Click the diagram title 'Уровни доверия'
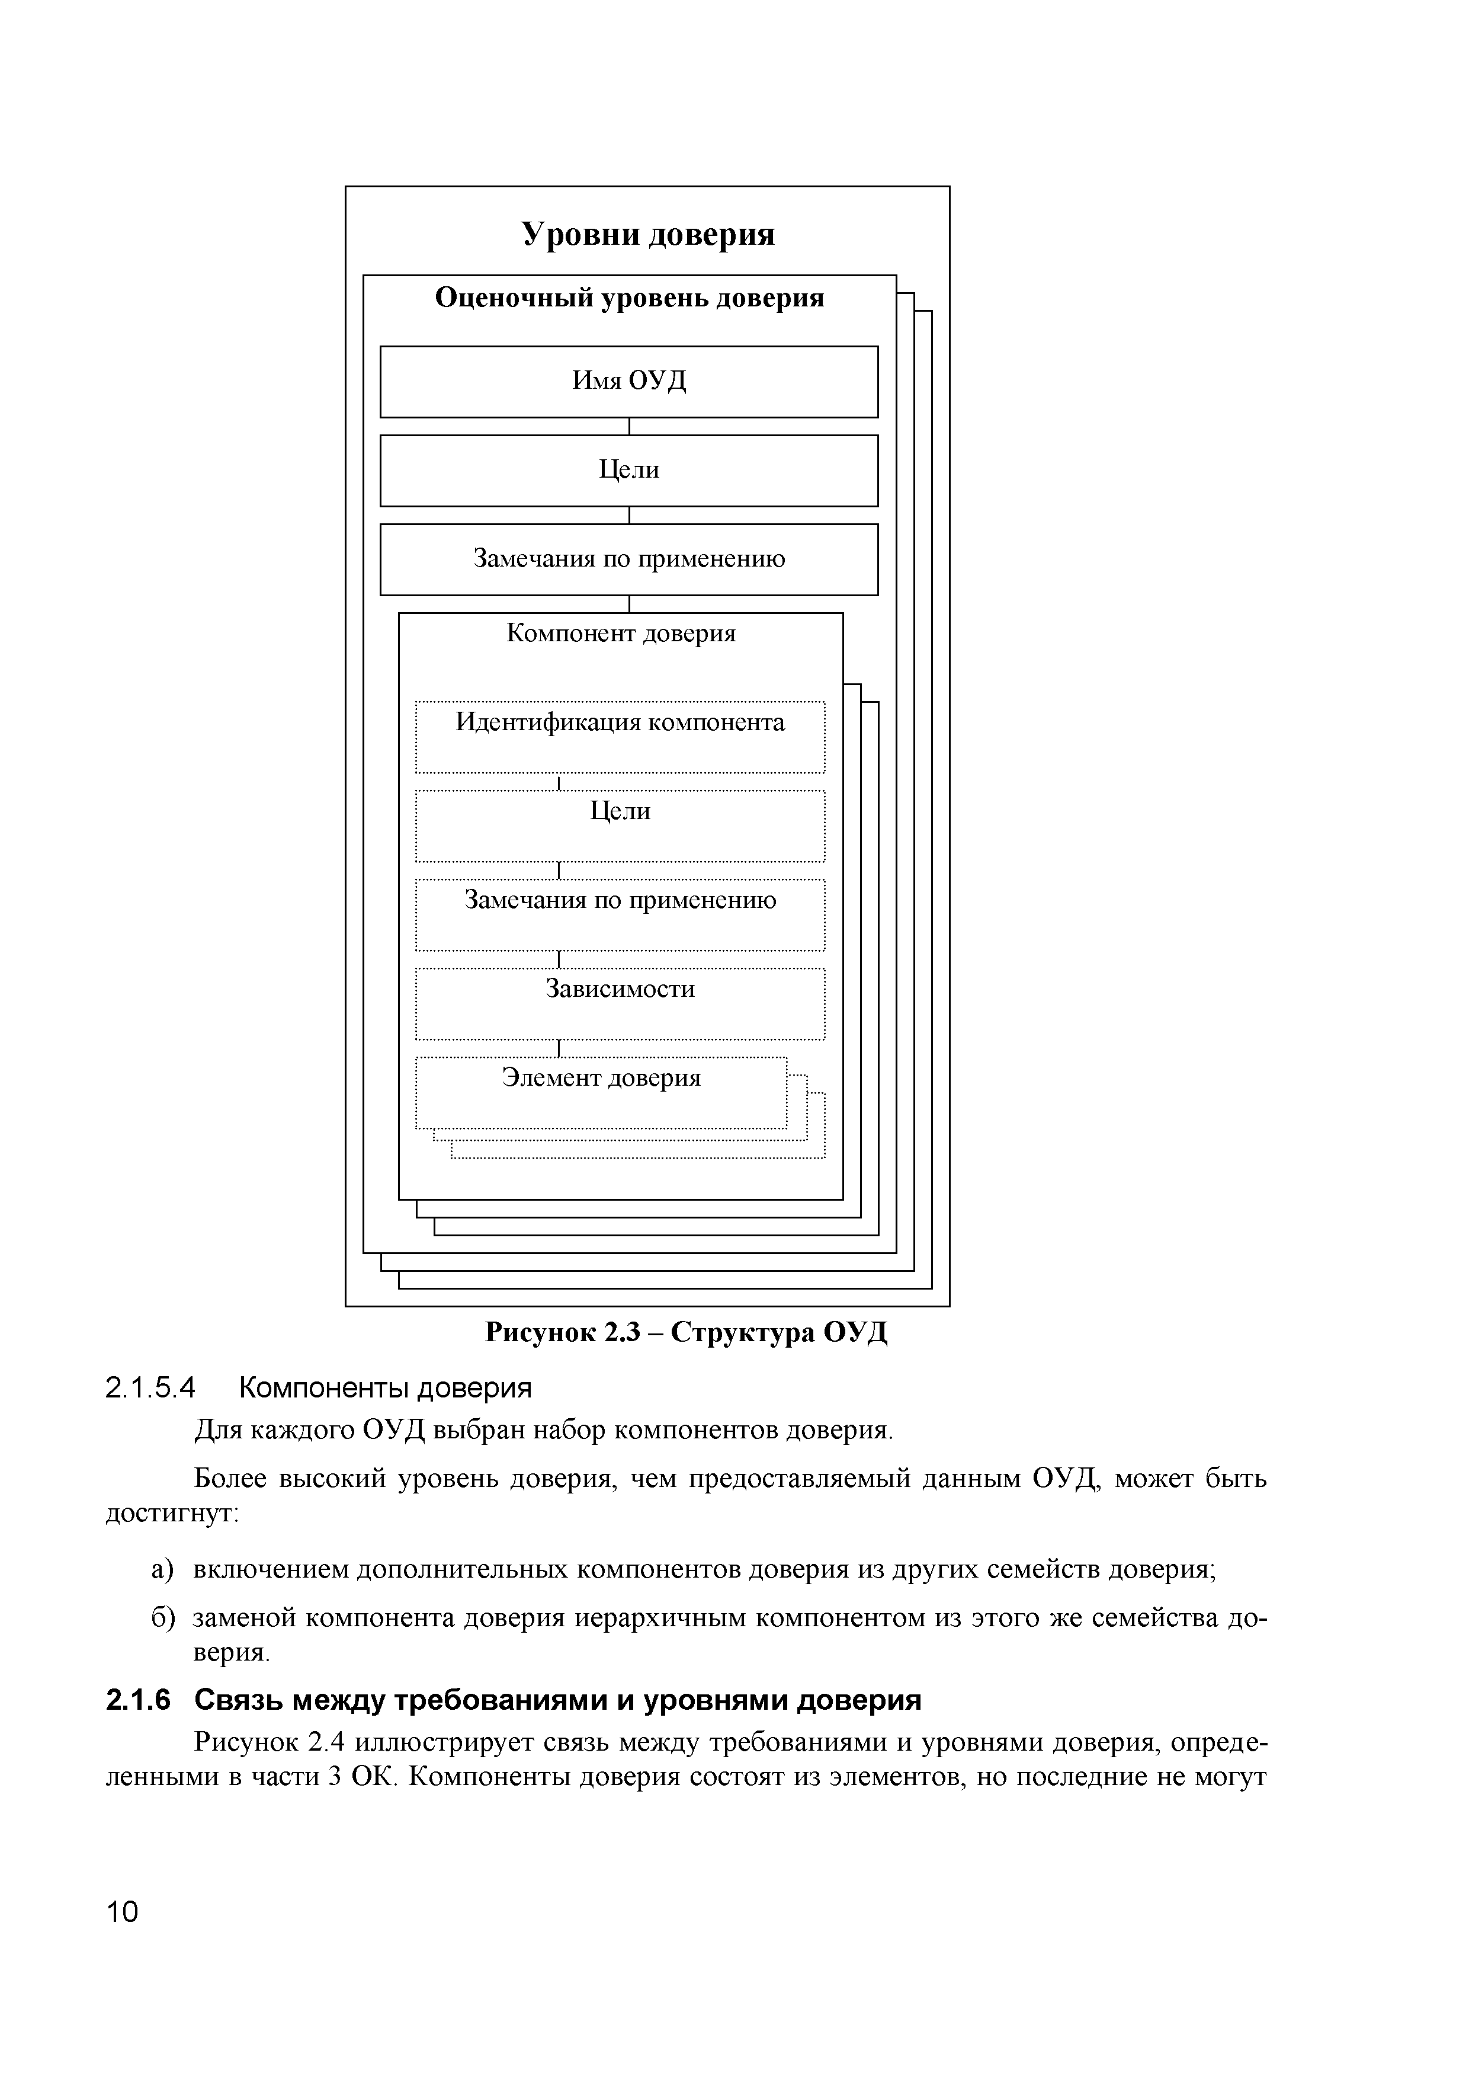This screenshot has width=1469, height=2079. [x=648, y=235]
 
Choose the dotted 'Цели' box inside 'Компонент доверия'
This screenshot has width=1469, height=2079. [x=620, y=825]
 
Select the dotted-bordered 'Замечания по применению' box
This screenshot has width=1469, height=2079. [x=620, y=914]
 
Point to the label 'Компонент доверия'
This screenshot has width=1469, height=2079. [x=620, y=633]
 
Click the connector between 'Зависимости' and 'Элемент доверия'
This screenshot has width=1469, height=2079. [x=560, y=1048]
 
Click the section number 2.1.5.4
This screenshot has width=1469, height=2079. [x=150, y=1387]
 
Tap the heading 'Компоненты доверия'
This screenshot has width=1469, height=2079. [x=384, y=1387]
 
